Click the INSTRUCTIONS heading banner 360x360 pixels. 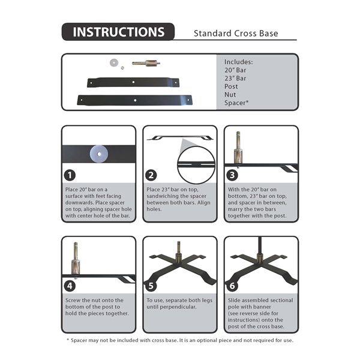(x=118, y=32)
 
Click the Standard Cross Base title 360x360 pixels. (x=236, y=33)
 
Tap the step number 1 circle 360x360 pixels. (x=71, y=175)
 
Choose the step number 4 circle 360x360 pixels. (x=71, y=286)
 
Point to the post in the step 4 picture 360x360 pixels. (x=75, y=258)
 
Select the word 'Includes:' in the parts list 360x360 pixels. (x=238, y=62)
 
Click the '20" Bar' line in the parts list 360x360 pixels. (x=235, y=70)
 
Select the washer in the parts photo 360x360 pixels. (x=113, y=61)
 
